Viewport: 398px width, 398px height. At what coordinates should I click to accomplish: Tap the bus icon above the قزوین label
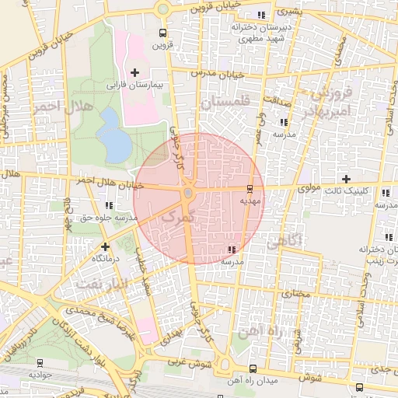162,33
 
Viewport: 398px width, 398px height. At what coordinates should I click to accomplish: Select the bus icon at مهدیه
250,189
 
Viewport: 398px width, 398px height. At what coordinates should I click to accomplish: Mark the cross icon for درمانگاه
105,246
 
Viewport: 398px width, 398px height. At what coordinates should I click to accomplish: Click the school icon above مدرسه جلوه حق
108,206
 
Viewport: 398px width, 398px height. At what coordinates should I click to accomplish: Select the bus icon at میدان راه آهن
252,368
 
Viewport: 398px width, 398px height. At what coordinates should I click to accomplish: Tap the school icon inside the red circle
231,250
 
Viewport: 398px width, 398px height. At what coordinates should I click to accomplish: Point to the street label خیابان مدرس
245,75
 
